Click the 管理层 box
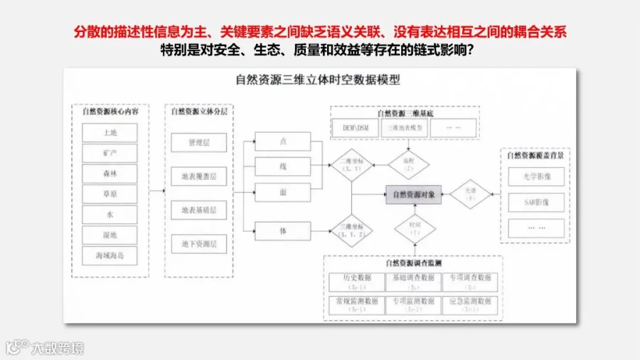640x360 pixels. [x=198, y=142]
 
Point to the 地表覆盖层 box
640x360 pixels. [x=198, y=176]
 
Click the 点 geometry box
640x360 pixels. [x=282, y=142]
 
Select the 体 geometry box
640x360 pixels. [x=282, y=231]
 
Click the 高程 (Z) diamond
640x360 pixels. [x=408, y=163]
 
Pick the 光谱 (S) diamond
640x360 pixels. [x=470, y=194]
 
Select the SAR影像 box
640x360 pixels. [x=536, y=202]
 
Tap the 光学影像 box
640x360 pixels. [x=536, y=176]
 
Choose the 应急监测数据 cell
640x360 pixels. [x=470, y=305]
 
